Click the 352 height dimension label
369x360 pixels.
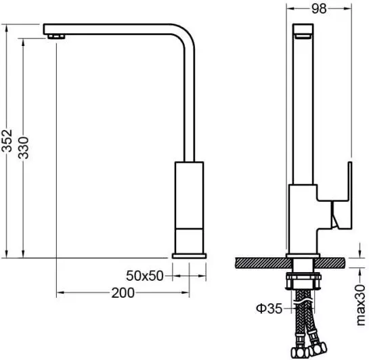coord(7,140)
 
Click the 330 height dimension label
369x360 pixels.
coord(23,148)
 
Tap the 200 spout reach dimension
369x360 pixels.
coord(123,293)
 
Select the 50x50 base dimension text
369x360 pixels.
coord(144,275)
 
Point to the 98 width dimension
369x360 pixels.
coord(319,9)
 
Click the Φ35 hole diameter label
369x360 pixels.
coord(269,309)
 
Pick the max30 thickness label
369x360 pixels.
coord(360,305)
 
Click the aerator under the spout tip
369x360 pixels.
coord(56,37)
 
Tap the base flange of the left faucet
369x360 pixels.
coord(189,256)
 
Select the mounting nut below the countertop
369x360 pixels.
coord(303,282)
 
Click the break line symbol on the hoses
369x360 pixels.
coord(303,302)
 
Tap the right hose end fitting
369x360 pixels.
coord(318,348)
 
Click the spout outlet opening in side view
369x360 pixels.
coord(303,36)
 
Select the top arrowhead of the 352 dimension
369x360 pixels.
coord(7,28)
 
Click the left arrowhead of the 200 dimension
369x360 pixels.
coord(60,293)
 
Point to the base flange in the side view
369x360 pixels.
coord(303,256)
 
